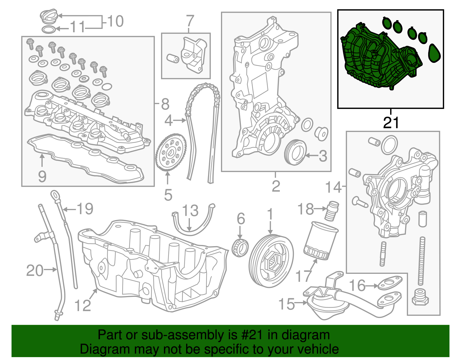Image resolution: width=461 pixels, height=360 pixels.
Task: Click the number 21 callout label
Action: pyautogui.click(x=391, y=123)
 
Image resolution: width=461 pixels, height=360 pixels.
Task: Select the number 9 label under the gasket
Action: pyautogui.click(x=42, y=176)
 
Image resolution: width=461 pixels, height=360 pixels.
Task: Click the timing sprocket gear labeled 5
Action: pyautogui.click(x=171, y=152)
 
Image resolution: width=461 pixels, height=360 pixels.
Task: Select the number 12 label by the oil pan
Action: pyautogui.click(x=83, y=305)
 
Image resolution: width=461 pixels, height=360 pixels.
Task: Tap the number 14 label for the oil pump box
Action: pyautogui.click(x=333, y=187)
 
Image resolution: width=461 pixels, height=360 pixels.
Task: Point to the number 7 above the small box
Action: pyautogui.click(x=190, y=21)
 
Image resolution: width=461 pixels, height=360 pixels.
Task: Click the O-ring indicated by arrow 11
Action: pyautogui.click(x=49, y=29)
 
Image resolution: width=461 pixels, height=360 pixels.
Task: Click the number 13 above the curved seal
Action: pyautogui.click(x=190, y=211)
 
